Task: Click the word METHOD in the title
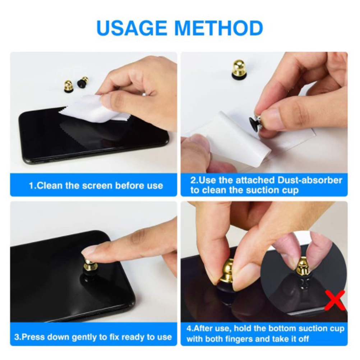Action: tap(219, 28)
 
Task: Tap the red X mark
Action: tap(336, 300)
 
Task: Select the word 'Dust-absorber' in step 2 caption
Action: tap(310, 180)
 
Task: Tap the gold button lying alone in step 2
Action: tap(239, 68)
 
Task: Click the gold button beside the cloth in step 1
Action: tap(68, 87)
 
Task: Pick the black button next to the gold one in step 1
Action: tap(82, 83)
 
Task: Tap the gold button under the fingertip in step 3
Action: tap(90, 264)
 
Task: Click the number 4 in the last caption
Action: tap(189, 328)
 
